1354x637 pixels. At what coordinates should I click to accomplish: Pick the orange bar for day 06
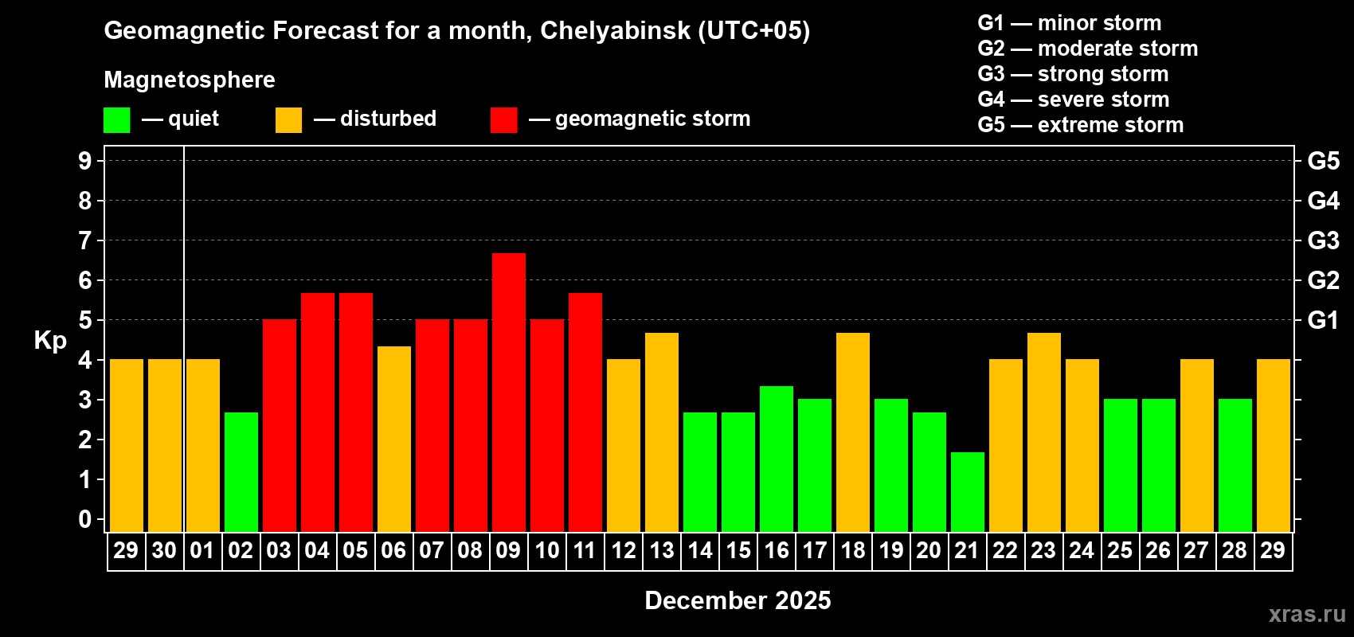393,439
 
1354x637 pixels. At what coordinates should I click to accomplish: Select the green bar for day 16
776,459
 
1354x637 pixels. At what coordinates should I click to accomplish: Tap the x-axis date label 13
661,550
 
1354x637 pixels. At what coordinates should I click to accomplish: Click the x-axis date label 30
164,550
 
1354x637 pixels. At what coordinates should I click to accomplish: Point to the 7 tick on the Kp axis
85,240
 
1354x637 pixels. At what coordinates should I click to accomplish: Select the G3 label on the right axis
1323,240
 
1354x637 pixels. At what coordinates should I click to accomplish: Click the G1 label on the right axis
1323,320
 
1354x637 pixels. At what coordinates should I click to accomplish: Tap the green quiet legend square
116,120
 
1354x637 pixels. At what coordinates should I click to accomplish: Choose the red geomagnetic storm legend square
503,120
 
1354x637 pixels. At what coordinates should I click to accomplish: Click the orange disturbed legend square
288,120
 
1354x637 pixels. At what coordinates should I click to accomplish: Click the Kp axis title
50,340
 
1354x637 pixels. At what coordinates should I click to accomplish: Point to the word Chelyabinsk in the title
616,31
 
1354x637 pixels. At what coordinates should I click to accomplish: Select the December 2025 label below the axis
738,600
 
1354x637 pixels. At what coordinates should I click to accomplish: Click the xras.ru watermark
1306,614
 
